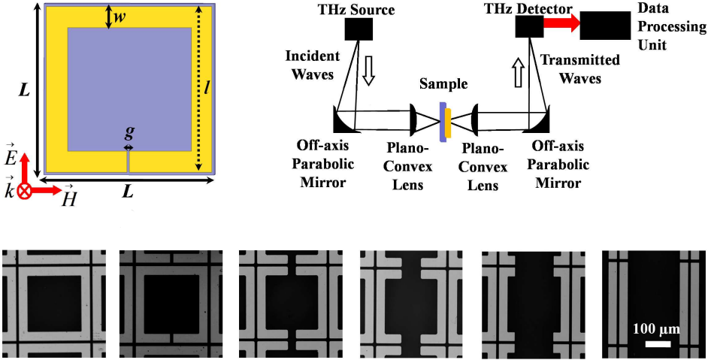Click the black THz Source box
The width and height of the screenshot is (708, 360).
coord(359,29)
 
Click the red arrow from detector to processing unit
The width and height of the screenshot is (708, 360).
coord(561,24)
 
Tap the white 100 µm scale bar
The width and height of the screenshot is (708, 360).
coord(657,343)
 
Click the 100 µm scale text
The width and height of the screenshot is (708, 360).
coord(655,328)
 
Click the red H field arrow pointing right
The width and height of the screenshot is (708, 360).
coord(46,190)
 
